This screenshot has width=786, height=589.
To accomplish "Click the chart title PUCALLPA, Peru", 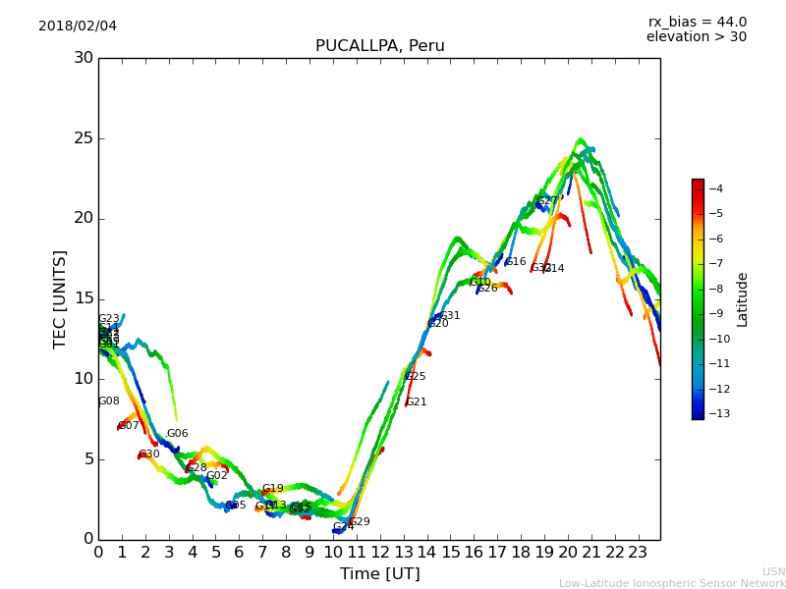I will tap(379, 46).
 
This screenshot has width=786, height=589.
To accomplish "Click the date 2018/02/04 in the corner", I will tap(78, 26).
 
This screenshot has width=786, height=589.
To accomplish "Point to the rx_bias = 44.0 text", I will tap(697, 22).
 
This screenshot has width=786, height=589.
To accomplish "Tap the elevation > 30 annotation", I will tap(696, 37).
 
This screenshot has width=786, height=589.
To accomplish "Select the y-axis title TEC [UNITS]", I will tap(60, 298).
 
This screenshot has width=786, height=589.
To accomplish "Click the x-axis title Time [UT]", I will tap(379, 574).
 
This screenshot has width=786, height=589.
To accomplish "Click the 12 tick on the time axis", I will tap(379, 553).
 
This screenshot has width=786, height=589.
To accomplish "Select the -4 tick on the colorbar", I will tap(715, 188).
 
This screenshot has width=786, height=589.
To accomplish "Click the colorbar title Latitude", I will tap(743, 298).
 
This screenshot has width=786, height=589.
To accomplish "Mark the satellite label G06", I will tap(177, 434).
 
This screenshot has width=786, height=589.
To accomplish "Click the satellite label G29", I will tap(360, 522).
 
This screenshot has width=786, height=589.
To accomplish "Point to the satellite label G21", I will tap(416, 402).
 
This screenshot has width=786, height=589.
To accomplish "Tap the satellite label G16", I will tap(516, 262).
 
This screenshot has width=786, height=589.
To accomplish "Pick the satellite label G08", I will tap(108, 402).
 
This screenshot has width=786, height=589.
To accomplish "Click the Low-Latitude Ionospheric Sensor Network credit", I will tap(672, 583).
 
